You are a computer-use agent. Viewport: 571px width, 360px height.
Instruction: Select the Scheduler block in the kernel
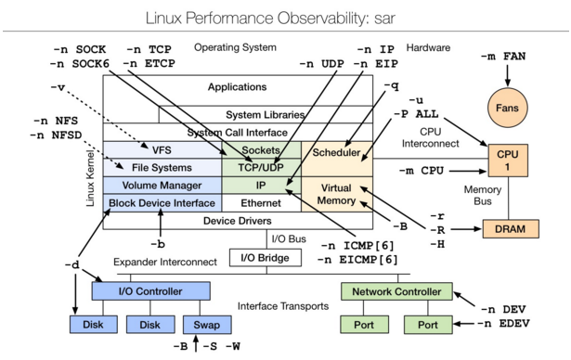point(336,151)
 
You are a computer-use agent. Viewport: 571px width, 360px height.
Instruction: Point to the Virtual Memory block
point(335,193)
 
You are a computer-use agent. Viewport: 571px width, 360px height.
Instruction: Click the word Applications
point(238,87)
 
